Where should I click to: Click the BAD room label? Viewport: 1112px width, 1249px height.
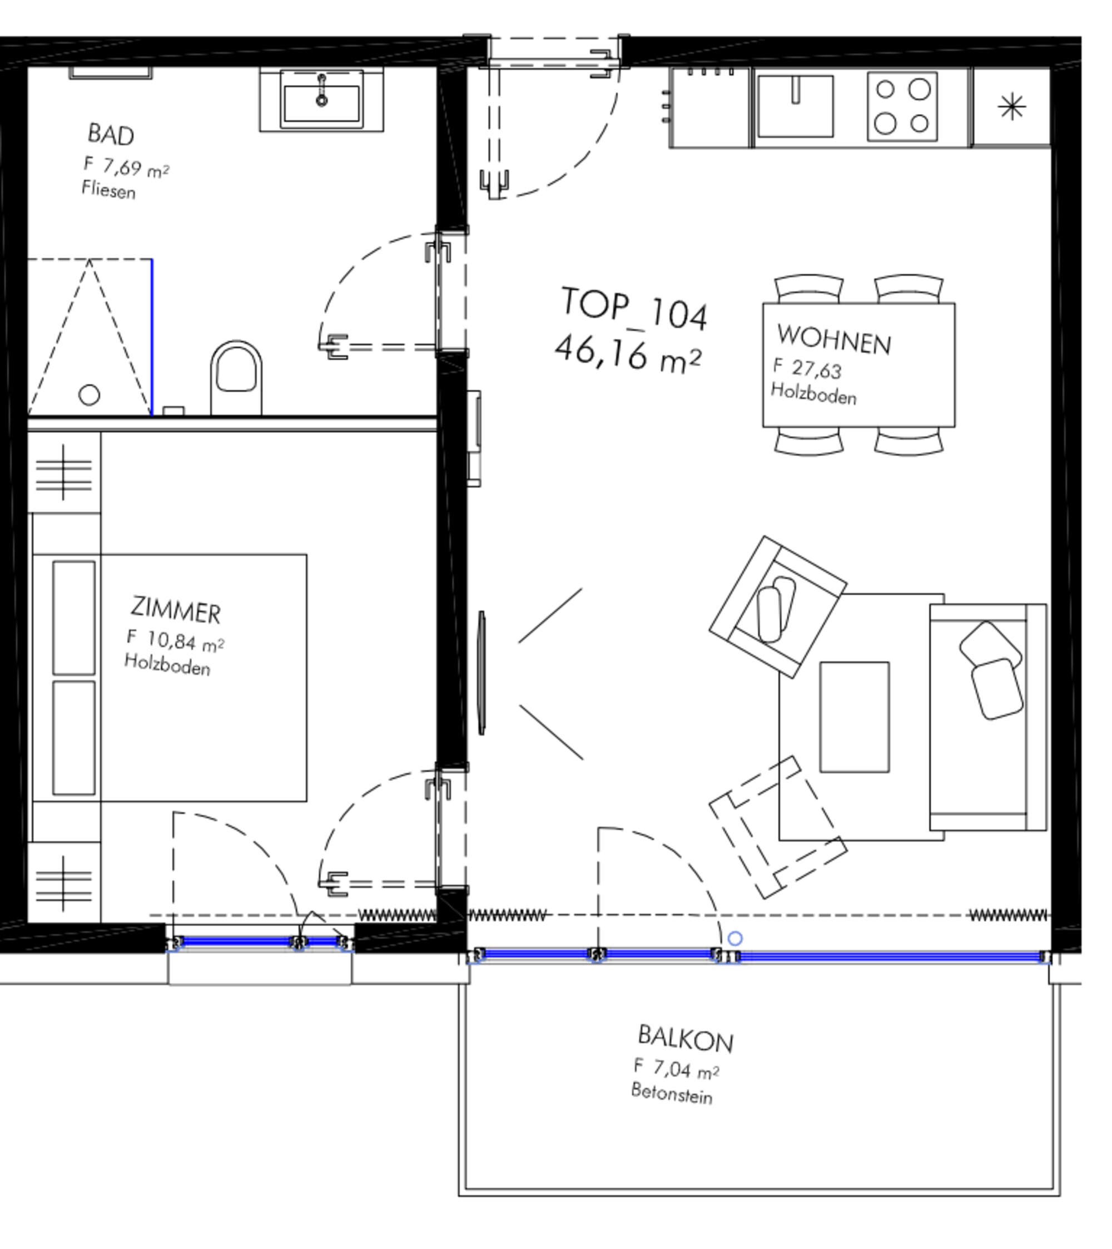click(111, 135)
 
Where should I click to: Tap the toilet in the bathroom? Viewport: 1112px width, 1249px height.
click(236, 378)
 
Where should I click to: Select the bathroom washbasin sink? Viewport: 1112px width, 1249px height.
click(321, 99)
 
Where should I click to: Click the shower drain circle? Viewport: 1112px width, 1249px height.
click(89, 395)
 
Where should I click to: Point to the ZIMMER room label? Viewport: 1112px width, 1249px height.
click(175, 610)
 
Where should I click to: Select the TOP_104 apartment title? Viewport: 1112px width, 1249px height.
click(634, 308)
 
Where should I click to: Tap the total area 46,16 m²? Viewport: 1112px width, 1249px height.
click(628, 354)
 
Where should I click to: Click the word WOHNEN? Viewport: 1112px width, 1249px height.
click(834, 339)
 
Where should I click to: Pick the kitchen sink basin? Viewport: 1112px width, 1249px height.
click(795, 106)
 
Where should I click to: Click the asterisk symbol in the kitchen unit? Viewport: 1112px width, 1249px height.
click(1012, 107)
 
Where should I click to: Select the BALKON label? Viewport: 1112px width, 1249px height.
click(685, 1039)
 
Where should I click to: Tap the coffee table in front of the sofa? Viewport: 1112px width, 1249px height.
click(854, 717)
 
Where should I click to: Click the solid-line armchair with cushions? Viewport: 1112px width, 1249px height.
click(778, 607)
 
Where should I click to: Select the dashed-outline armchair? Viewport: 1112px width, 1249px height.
click(778, 827)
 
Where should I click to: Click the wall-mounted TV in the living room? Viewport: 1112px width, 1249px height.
click(481, 673)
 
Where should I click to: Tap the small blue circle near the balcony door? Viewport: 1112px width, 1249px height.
click(735, 939)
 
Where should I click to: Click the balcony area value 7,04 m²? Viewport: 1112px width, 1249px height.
click(676, 1068)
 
